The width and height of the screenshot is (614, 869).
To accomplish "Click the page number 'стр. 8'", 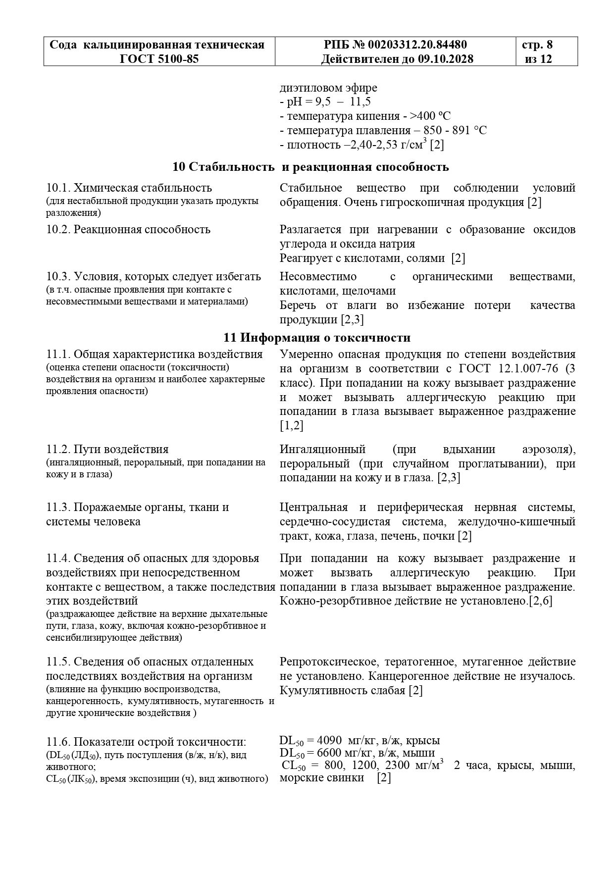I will tap(537, 45).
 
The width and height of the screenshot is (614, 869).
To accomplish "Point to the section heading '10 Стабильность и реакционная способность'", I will tap(310, 167).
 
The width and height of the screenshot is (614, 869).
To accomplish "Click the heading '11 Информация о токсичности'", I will tap(317, 338).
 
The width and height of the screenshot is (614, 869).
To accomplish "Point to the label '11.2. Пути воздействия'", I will tap(107, 450).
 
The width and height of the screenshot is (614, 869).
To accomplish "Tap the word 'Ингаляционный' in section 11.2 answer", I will tap(322, 450).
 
